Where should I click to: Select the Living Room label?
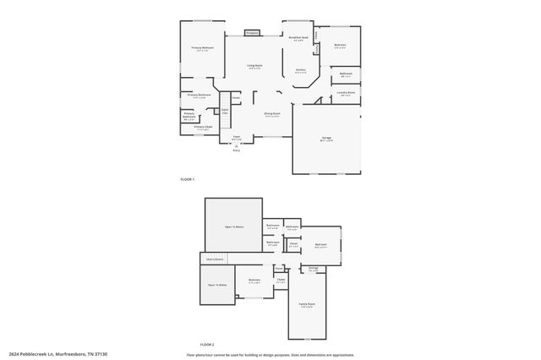point(254,66)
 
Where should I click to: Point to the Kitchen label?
point(300,71)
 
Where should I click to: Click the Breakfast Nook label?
point(298,38)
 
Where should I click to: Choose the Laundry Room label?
point(344,94)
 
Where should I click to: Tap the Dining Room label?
point(272,114)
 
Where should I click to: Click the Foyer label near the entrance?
point(237,138)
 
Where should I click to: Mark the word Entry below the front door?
point(237,150)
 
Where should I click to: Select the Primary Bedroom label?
point(202,48)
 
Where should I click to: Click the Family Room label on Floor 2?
point(306,304)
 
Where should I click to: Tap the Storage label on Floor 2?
point(313,268)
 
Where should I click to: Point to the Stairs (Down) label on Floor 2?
point(213,259)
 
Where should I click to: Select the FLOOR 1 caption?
point(188,179)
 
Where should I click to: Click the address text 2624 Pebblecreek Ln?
point(59,354)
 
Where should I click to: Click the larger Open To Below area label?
point(234,227)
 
